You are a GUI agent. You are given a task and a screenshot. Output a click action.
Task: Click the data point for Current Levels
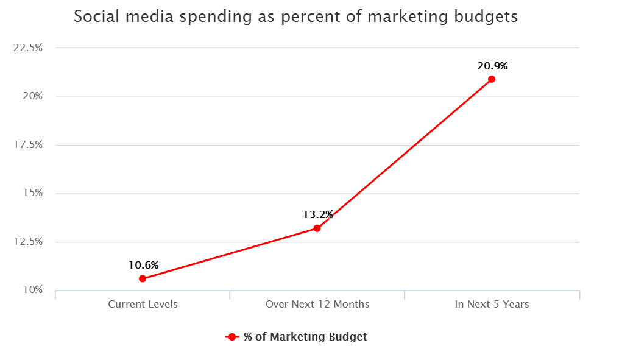pyautogui.click(x=143, y=278)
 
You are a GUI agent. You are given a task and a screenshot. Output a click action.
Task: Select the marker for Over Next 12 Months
pyautogui.click(x=317, y=228)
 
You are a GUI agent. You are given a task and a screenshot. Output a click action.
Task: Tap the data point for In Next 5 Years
pyautogui.click(x=492, y=79)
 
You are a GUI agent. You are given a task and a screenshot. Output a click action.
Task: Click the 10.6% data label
pyautogui.click(x=144, y=265)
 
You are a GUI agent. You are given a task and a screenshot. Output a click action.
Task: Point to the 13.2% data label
pyautogui.click(x=318, y=214)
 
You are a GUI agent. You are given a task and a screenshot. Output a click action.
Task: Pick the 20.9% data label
pyautogui.click(x=493, y=66)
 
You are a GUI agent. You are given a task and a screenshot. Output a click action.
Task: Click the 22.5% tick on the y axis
pyautogui.click(x=27, y=48)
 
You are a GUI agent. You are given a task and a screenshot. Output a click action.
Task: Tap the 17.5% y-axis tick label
pyautogui.click(x=27, y=144)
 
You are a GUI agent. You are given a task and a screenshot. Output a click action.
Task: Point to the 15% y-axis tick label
pyautogui.click(x=32, y=193)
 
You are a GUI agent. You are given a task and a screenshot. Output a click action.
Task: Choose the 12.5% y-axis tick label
pyautogui.click(x=27, y=241)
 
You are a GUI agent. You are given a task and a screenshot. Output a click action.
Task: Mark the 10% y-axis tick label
pyautogui.click(x=32, y=290)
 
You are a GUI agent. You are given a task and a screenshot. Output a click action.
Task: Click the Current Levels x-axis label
pyautogui.click(x=143, y=304)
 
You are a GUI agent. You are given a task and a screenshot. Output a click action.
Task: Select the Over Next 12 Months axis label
pyautogui.click(x=317, y=304)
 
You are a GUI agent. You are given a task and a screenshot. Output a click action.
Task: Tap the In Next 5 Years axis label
pyautogui.click(x=492, y=304)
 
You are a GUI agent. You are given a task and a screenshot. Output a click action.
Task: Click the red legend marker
pyautogui.click(x=231, y=337)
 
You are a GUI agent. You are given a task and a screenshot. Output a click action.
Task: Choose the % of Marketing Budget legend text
pyautogui.click(x=305, y=337)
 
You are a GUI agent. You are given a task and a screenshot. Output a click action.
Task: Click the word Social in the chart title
pyautogui.click(x=94, y=16)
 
